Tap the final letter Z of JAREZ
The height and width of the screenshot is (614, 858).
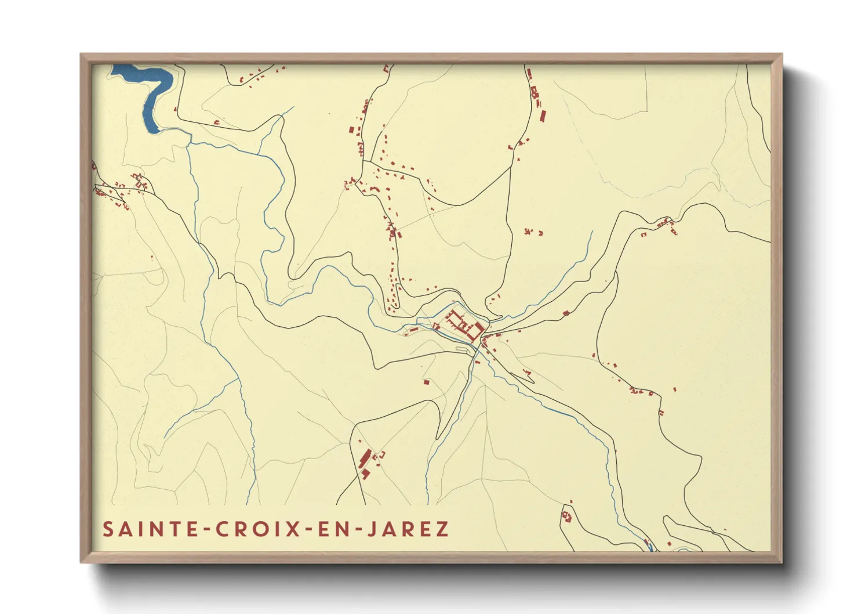click(x=443, y=529)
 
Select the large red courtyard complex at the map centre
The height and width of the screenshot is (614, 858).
click(x=464, y=325)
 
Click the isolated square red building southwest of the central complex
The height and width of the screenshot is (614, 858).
click(x=427, y=382)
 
